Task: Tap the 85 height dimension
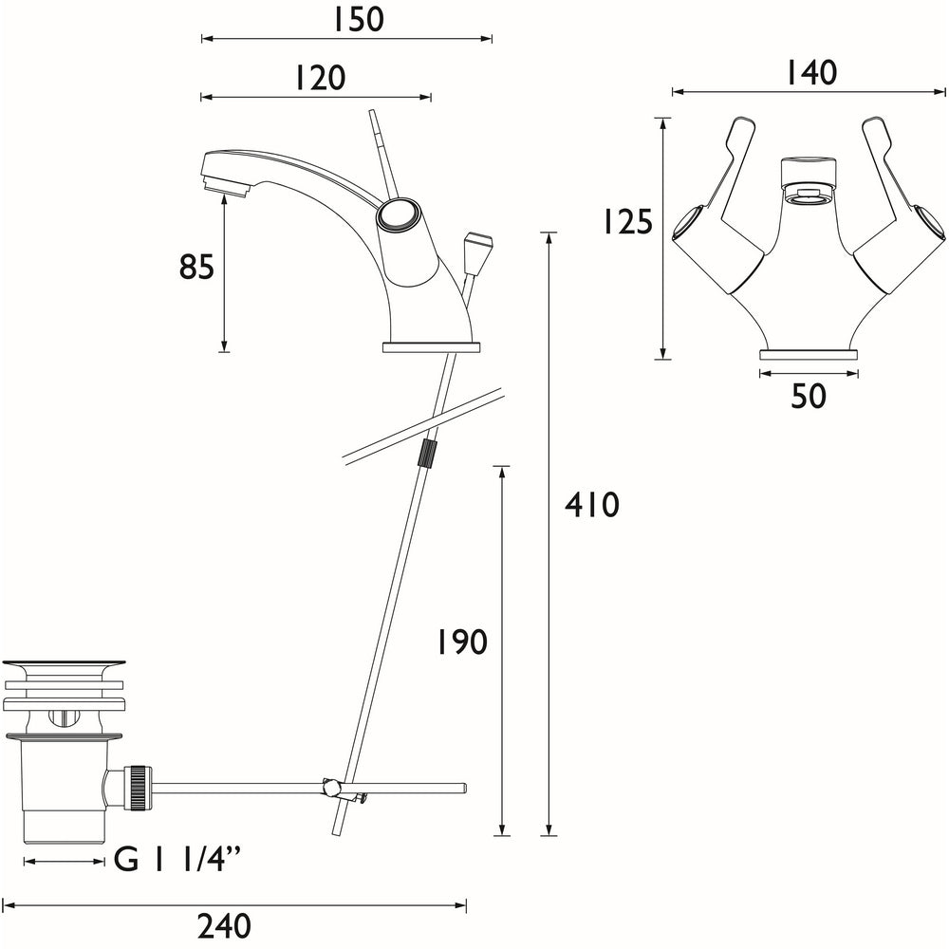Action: pos(196,269)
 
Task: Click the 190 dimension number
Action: pos(461,642)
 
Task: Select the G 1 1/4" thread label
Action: pos(177,861)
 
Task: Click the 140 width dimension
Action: pos(810,73)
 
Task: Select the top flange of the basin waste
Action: pos(64,666)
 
